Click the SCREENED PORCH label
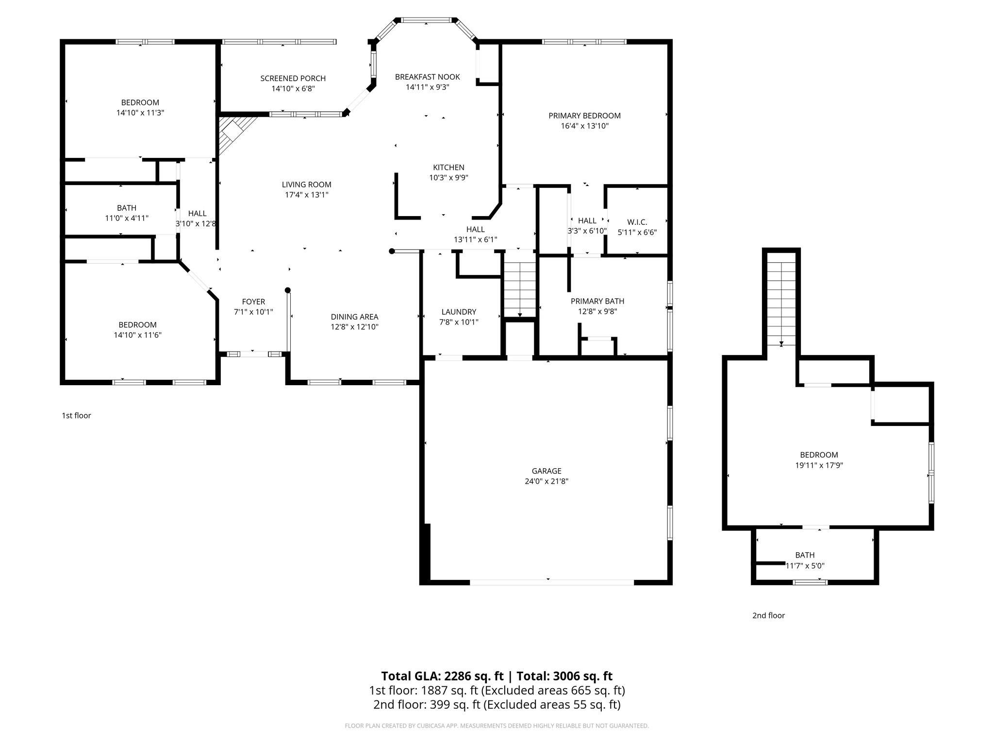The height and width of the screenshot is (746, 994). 293,78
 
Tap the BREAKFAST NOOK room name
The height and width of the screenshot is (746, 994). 427,77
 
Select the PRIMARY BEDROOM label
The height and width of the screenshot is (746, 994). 584,116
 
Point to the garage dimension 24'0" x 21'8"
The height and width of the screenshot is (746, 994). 547,481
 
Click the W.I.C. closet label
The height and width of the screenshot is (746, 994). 637,222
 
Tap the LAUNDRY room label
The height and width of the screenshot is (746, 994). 459,312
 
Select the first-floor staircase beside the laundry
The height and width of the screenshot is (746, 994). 519,289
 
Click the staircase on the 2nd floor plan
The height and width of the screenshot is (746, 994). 781,304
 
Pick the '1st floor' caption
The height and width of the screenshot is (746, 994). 76,415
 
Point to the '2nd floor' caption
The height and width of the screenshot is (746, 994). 768,615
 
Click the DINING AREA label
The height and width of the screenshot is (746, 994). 354,317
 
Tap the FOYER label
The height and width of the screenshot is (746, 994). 253,302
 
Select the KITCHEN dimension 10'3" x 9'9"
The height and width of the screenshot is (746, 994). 448,178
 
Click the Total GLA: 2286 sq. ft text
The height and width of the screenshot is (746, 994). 444,676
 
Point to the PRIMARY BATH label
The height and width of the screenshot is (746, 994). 597,301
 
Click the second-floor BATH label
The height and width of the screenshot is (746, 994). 805,555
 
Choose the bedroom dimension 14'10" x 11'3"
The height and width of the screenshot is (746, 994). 140,113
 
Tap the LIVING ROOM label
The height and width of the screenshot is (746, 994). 306,185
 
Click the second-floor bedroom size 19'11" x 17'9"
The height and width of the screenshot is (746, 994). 819,465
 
